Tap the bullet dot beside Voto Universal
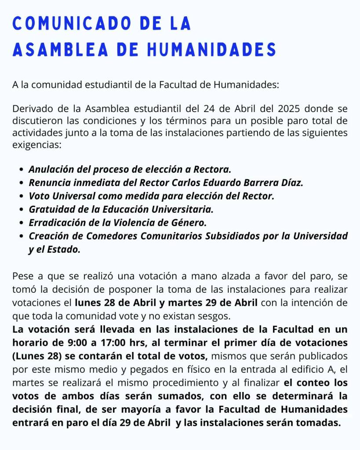[22, 196]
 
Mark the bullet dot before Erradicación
[22, 222]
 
